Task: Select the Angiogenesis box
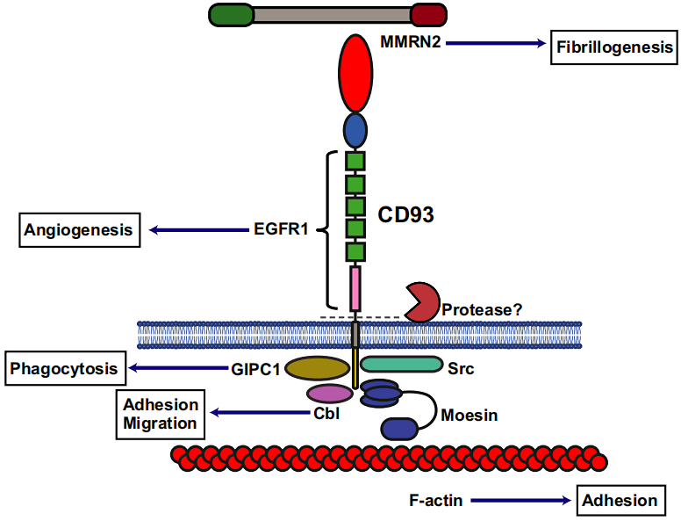[79, 230]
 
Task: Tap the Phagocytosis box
[63, 369]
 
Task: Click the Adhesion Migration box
[161, 414]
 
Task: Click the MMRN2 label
[410, 42]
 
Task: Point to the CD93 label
[405, 213]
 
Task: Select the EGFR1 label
[275, 230]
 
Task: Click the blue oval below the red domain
[355, 131]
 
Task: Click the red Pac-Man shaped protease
[420, 302]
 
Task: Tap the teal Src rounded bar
[401, 364]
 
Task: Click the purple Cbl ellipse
[328, 394]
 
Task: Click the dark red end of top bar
[428, 14]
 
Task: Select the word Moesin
[470, 415]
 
